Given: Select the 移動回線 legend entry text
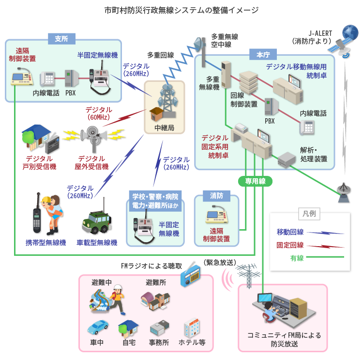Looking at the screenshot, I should pyautogui.click(x=290, y=232).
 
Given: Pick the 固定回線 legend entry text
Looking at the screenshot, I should pyautogui.click(x=290, y=245).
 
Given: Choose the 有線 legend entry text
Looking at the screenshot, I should pyautogui.click(x=297, y=258).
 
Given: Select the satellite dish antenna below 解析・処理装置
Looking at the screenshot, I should pyautogui.click(x=344, y=190).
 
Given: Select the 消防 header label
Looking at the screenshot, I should pyautogui.click(x=216, y=196).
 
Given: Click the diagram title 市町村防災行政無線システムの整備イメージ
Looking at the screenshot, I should pyautogui.click(x=181, y=10).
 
